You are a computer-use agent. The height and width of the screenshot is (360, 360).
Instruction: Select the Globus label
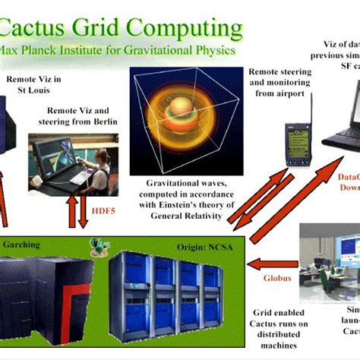(277, 278)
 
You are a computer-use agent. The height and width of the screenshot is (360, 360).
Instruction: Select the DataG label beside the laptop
(346, 175)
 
